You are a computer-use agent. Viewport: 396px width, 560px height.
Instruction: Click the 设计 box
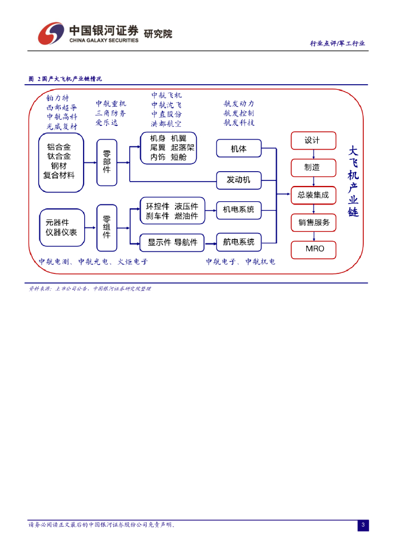tap(313, 140)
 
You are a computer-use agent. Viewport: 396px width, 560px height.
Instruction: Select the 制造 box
tap(313, 167)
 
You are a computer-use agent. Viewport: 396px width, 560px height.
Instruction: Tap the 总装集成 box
tap(313, 195)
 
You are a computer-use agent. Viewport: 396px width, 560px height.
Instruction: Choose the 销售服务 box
tap(313, 222)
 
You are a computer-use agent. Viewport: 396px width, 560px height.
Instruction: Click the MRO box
tap(313, 249)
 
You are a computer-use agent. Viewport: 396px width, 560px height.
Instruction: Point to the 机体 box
tap(238, 148)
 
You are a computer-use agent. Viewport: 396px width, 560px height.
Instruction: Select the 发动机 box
tap(238, 179)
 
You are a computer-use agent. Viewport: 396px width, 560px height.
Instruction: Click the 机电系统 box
tap(238, 209)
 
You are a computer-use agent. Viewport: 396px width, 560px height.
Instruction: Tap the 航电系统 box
tap(238, 242)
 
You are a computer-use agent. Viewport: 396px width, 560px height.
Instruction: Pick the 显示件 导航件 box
tap(172, 242)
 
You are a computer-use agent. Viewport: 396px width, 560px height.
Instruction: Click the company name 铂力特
tap(57, 98)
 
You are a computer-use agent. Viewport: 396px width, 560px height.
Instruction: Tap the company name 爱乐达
tap(107, 123)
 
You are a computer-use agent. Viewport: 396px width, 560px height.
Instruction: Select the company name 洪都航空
tap(167, 124)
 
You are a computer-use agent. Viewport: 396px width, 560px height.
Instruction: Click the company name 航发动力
tap(238, 103)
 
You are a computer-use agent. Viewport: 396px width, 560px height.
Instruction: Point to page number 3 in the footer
tap(363, 526)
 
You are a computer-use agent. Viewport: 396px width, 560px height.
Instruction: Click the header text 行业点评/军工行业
tap(337, 43)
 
